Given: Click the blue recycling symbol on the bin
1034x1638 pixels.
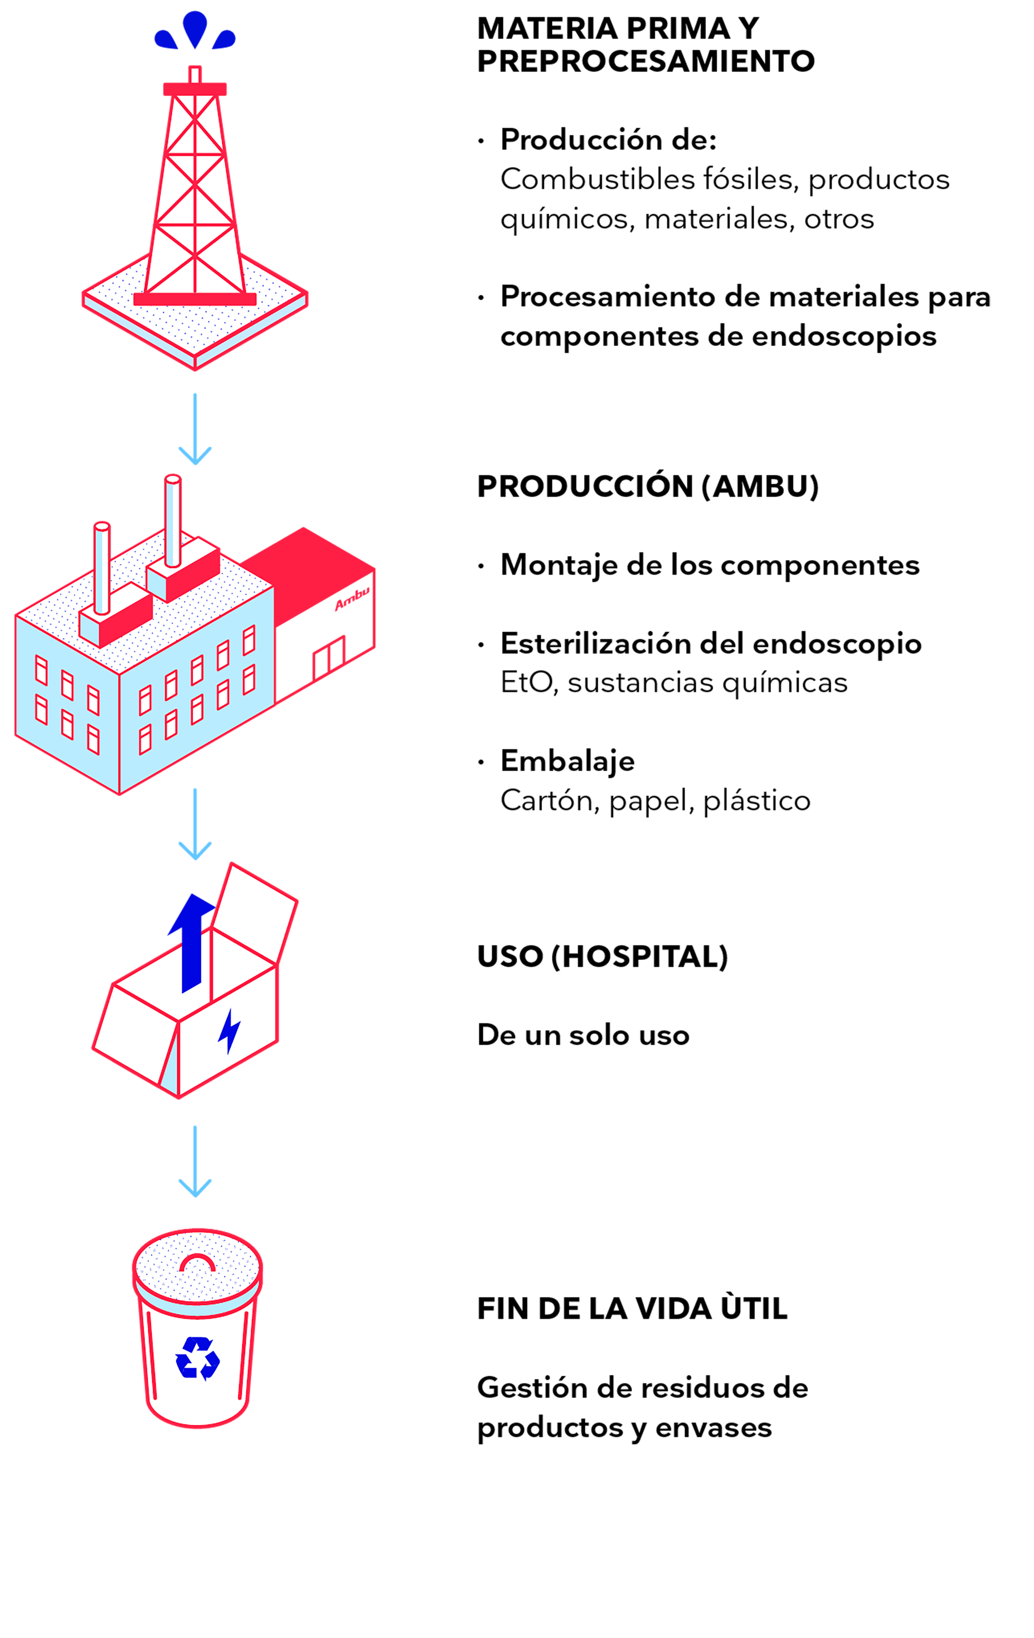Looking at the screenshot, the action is point(197,1358).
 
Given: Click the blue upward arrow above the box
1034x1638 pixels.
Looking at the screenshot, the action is point(192,943).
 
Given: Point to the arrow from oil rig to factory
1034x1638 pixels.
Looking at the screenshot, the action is point(195,429).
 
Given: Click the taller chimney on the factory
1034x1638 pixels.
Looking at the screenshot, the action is point(173,520).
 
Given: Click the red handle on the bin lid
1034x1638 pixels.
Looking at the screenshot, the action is point(197,1263).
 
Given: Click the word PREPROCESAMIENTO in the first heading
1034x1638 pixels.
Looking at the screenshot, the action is point(646,61).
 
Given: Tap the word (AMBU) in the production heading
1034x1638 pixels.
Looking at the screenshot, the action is point(761,486).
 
